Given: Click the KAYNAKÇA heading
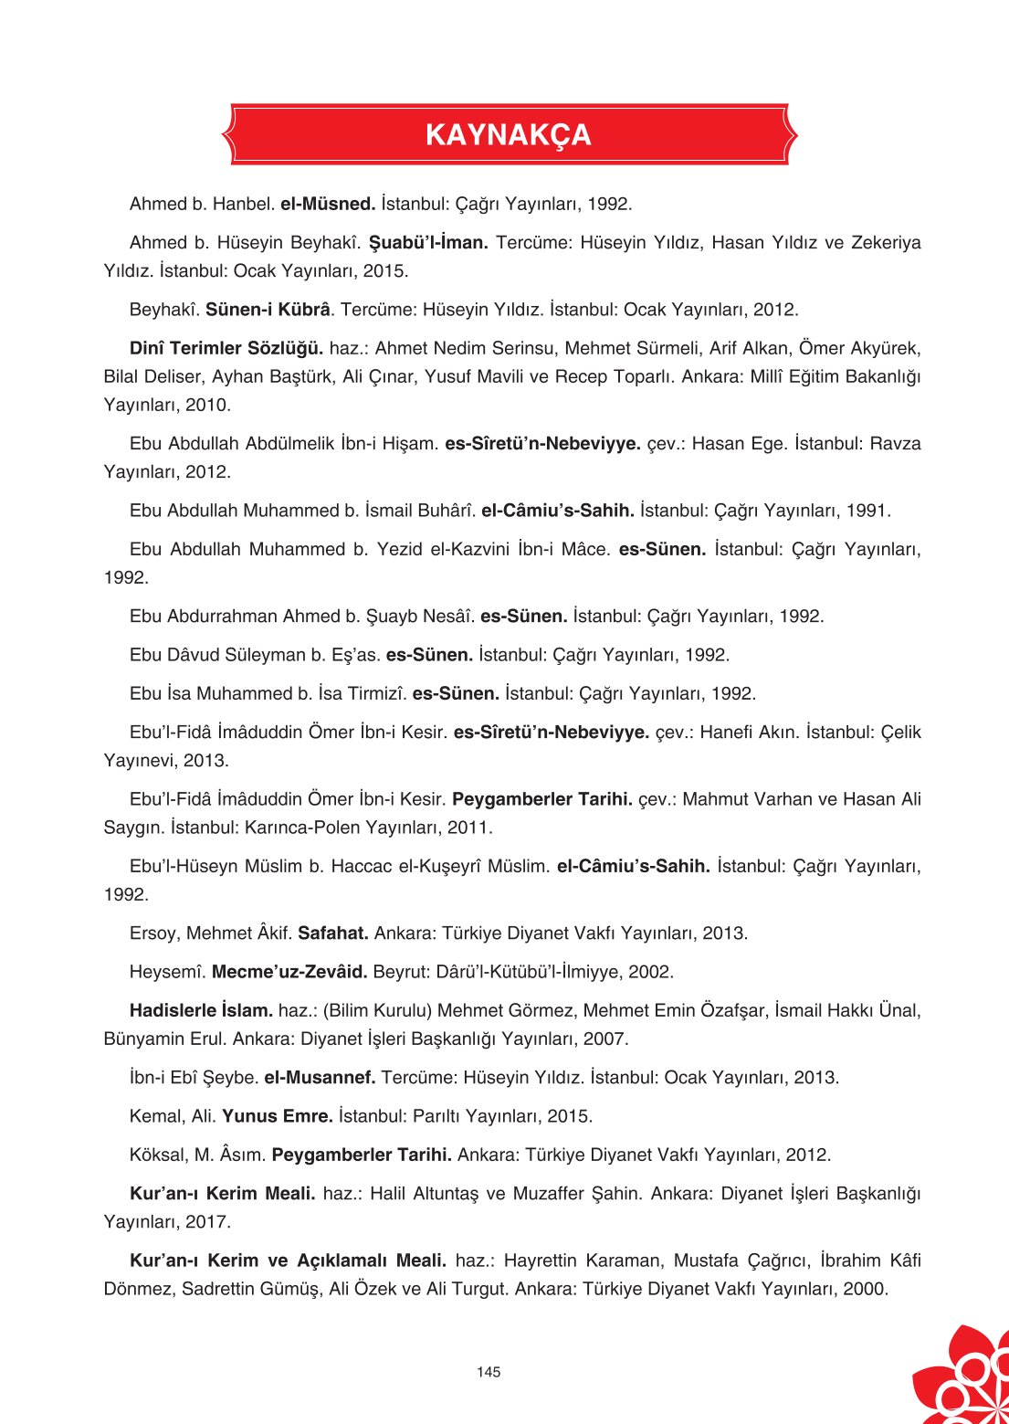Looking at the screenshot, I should [x=508, y=135].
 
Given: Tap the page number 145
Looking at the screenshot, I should [x=489, y=1372].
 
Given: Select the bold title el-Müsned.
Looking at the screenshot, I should [x=328, y=204].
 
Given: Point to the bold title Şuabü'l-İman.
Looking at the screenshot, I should [x=428, y=243].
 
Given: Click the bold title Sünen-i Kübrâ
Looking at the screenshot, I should [x=268, y=310].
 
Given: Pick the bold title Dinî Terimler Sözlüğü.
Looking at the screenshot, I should [x=226, y=348].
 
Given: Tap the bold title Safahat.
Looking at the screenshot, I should [x=333, y=934].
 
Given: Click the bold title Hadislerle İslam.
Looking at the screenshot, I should [x=201, y=1010].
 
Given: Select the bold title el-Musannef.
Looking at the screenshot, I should [x=320, y=1078].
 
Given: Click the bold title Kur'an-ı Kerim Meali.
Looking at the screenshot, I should [x=223, y=1194].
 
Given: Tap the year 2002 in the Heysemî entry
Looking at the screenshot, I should [x=651, y=972].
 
